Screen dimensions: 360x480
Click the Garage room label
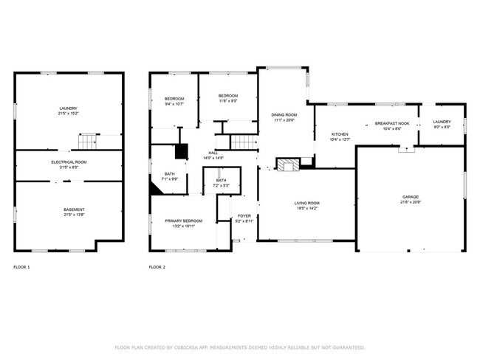click(410, 198)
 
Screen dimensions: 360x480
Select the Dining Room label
click(284, 114)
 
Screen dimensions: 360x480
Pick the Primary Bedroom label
click(183, 221)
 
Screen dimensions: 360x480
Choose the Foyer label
click(244, 216)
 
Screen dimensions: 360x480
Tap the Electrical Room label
click(69, 162)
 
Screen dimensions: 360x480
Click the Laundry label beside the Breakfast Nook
click(442, 122)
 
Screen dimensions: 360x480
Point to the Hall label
click(213, 153)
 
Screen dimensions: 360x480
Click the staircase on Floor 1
click(89, 141)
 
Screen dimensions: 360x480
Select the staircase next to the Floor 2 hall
click(243, 142)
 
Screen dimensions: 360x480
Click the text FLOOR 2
click(157, 266)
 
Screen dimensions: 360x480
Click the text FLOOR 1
click(21, 266)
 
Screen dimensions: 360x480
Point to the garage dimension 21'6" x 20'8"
click(410, 203)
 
